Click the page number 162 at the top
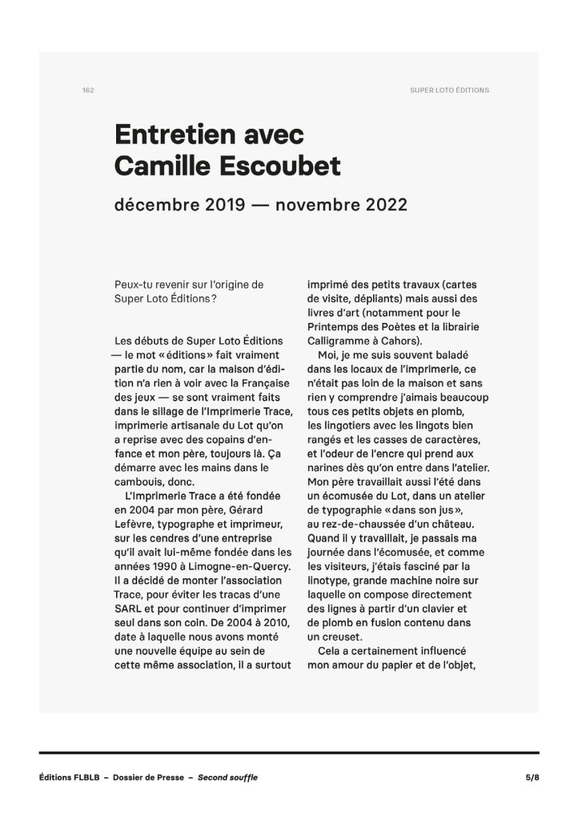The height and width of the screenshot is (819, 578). pyautogui.click(x=88, y=90)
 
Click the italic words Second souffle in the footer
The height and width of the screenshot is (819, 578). pyautogui.click(x=227, y=777)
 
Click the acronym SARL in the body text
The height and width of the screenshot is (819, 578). pyautogui.click(x=130, y=610)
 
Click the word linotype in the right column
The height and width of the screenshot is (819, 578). pyautogui.click(x=331, y=581)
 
